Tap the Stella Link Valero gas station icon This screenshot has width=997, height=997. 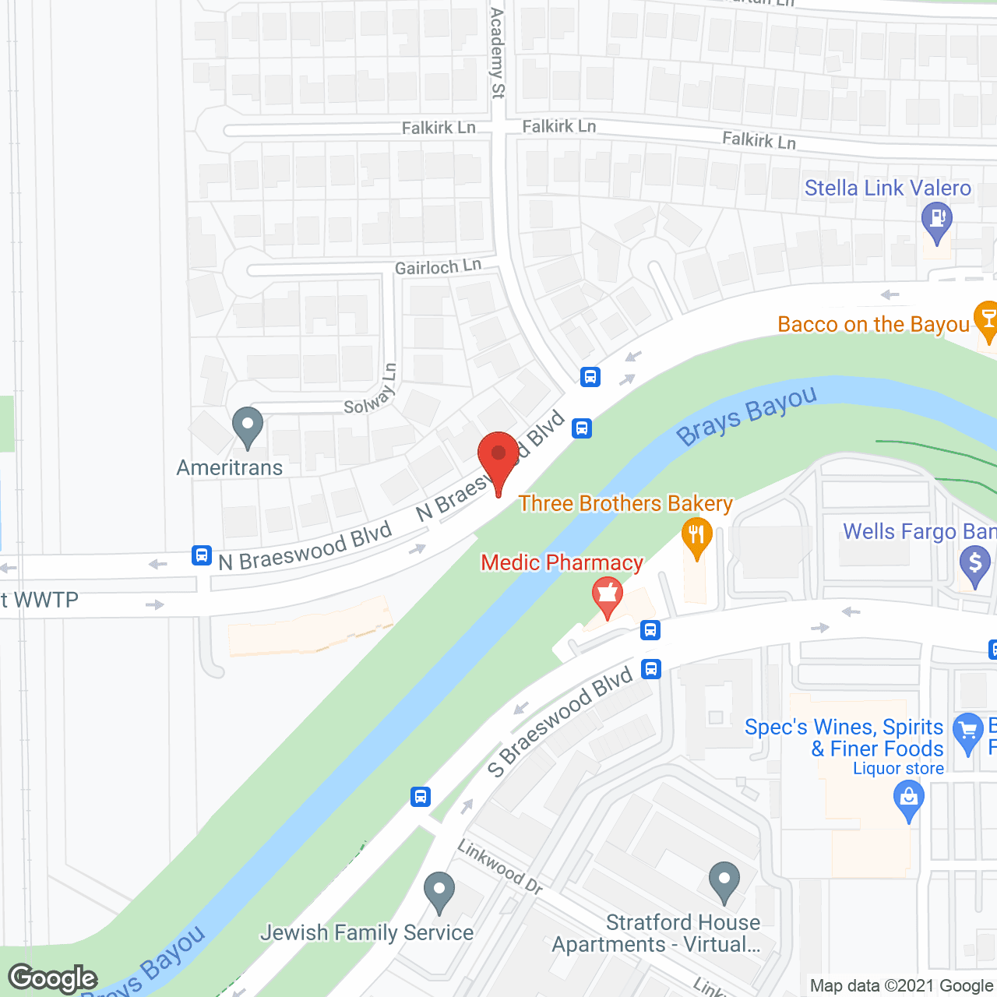click(936, 220)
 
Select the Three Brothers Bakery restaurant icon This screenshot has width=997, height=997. click(696, 536)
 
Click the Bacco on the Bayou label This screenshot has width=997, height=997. click(873, 324)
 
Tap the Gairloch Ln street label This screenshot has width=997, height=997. click(438, 267)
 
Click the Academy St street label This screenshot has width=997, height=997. click(497, 53)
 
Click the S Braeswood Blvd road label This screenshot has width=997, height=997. click(560, 722)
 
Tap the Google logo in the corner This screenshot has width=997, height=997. click(53, 978)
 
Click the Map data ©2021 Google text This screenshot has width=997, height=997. click(902, 986)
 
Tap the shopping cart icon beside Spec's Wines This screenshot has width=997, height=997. click(968, 732)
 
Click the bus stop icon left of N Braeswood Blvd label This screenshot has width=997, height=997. click(202, 555)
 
